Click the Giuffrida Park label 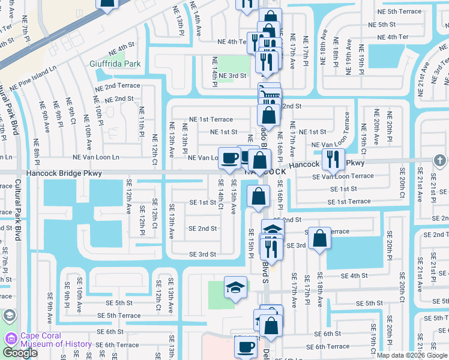[x=115, y=64]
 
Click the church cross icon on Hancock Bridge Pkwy [x=440, y=160]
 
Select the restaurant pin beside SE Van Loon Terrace [x=331, y=159]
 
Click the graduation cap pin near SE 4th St [x=235, y=287]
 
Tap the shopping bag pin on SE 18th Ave [x=319, y=238]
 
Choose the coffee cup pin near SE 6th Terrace [x=245, y=347]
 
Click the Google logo [x=20, y=353]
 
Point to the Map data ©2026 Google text [x=411, y=355]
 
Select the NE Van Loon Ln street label [x=95, y=157]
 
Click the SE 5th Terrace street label [x=119, y=316]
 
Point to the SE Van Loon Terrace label [x=343, y=176]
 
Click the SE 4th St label [x=354, y=275]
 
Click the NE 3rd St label [x=232, y=76]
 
